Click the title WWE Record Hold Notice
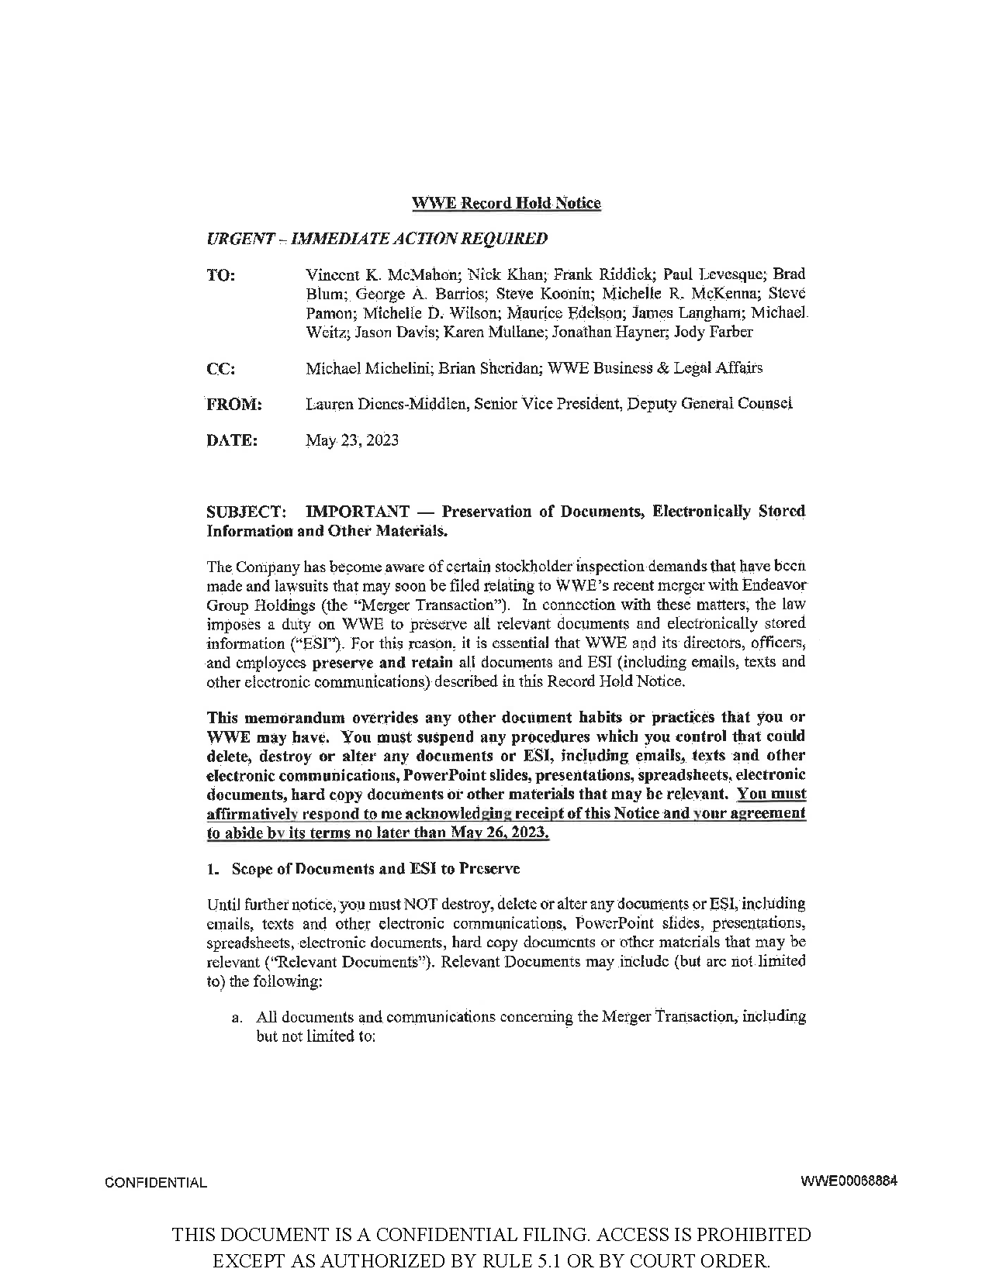506,203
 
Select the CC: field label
221,369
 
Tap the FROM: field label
233,405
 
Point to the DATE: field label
231,441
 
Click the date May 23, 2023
352,440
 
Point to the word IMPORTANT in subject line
358,512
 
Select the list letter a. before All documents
237,1017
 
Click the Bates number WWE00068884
849,1182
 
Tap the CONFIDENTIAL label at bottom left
156,1183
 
